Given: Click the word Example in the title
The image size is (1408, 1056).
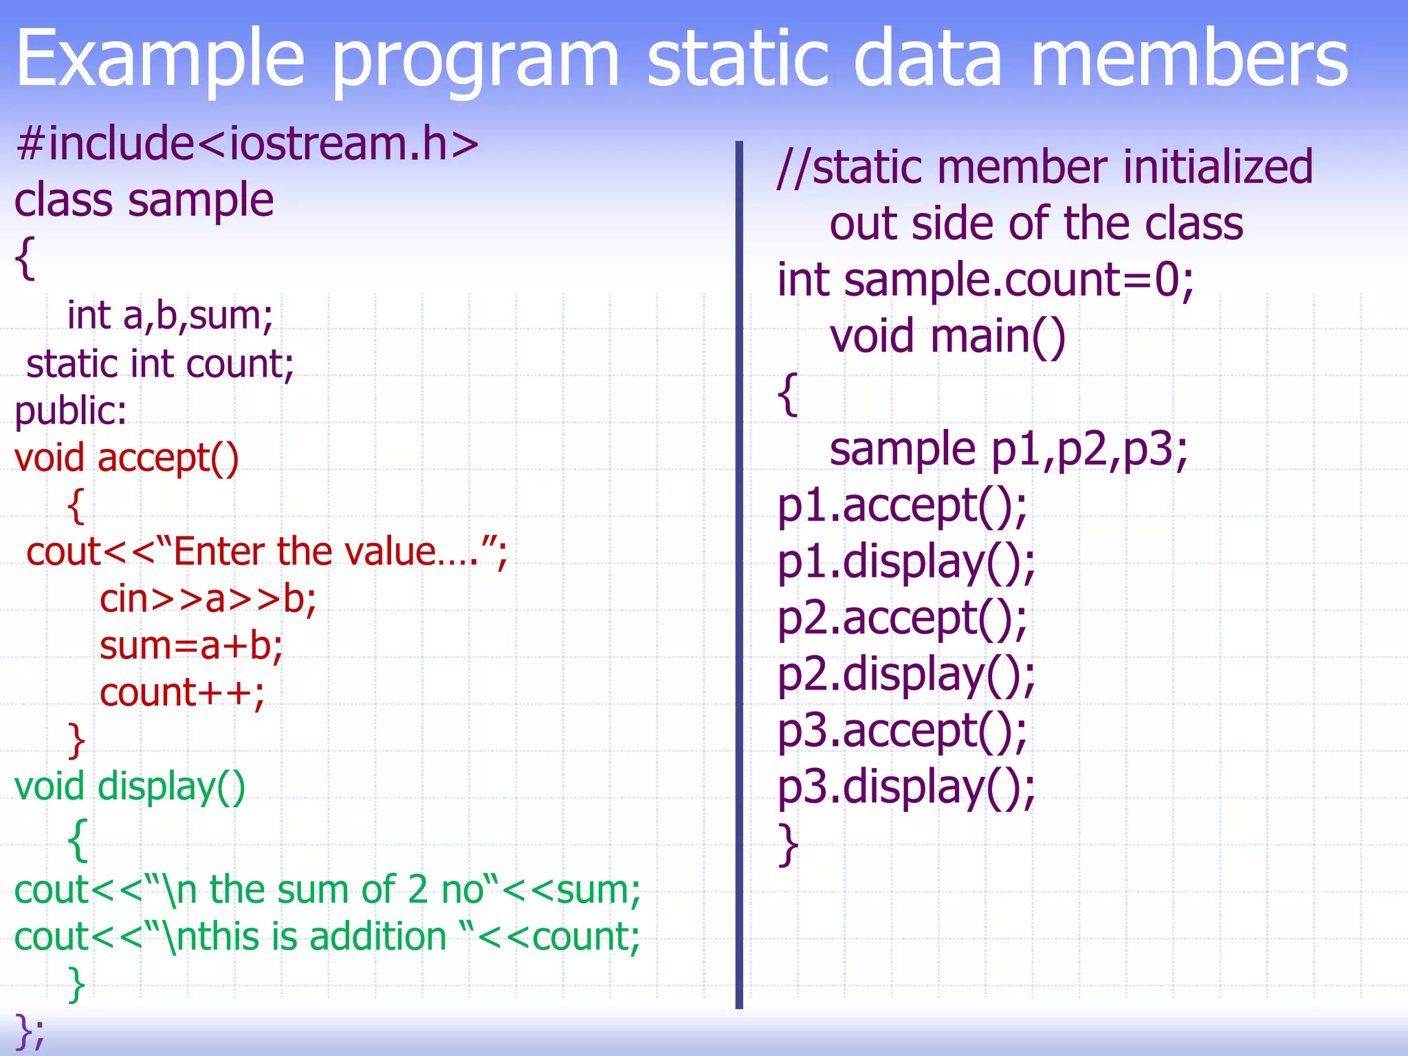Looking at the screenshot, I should click(159, 60).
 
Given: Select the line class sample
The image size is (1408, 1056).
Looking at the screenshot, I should click(144, 201).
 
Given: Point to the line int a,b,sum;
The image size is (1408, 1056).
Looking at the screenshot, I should click(170, 316).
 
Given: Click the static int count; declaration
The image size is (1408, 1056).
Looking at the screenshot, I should click(160, 364).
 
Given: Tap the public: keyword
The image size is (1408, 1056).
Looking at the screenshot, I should click(71, 411).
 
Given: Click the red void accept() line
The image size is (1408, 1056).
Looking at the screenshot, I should click(126, 459).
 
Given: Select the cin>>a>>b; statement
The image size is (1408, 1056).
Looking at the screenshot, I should click(208, 599).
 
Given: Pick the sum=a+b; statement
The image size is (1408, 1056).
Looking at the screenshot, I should click(191, 646).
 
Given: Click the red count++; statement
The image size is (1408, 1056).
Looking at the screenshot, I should click(181, 693).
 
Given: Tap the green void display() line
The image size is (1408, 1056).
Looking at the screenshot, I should click(130, 786).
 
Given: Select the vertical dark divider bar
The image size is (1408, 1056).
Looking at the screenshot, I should click(739, 575).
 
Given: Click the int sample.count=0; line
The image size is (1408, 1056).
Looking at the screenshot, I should click(985, 280).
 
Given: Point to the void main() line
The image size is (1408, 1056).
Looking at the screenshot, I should click(947, 337).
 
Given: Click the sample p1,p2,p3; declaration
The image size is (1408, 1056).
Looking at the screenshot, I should click(1009, 450).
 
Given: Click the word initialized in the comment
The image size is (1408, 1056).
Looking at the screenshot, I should click(1218, 167).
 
